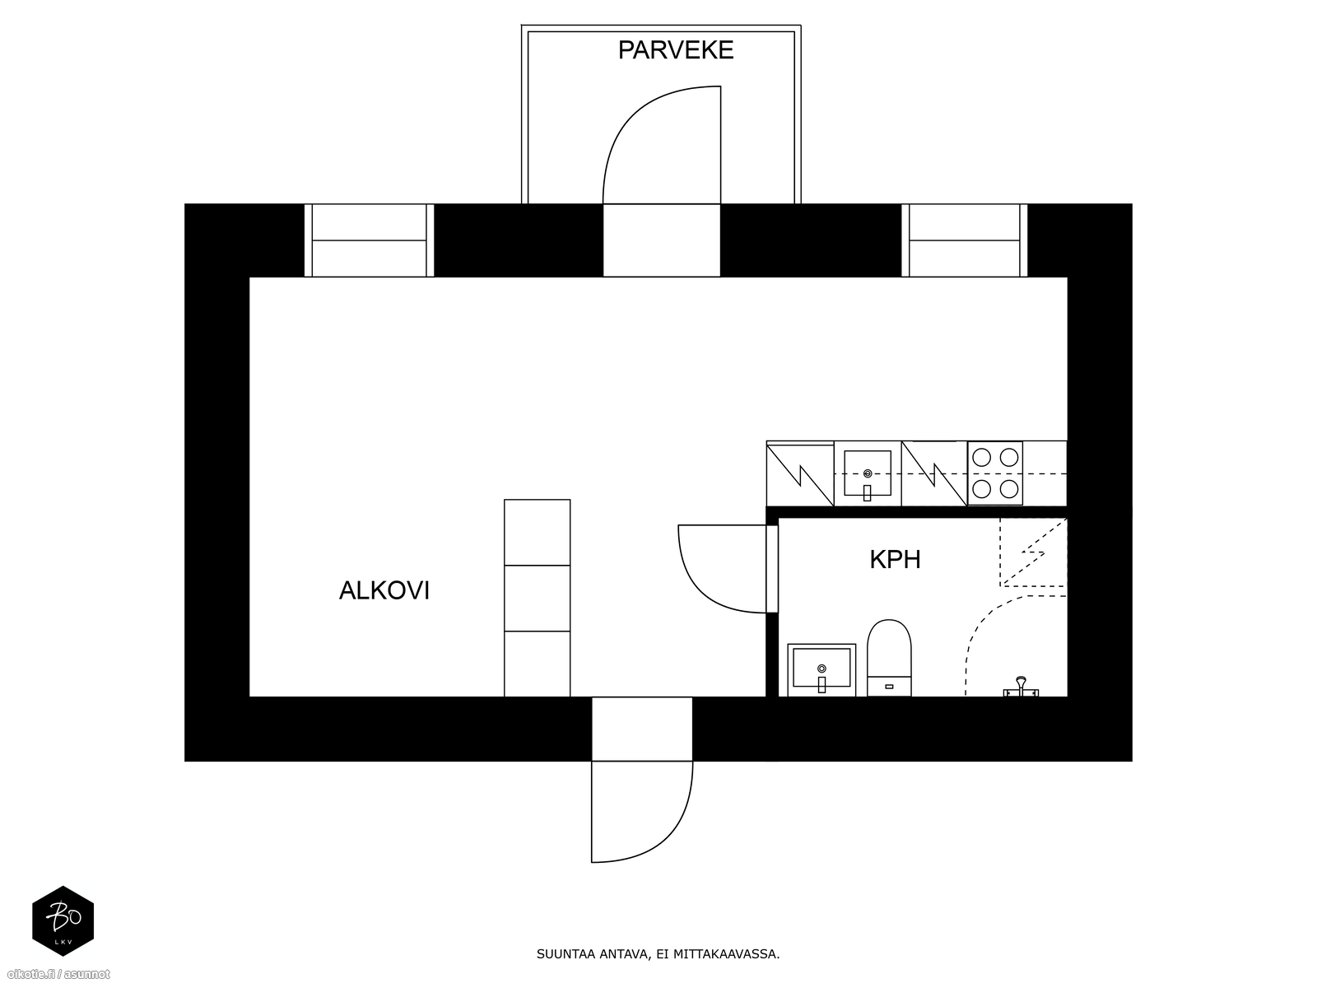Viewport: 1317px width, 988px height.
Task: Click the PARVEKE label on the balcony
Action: [x=676, y=49]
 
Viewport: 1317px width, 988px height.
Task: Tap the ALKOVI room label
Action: [x=384, y=591]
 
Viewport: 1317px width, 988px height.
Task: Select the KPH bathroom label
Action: [x=895, y=559]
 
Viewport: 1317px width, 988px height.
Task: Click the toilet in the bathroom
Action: [x=889, y=658]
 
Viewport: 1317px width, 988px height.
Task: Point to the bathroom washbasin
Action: [x=821, y=670]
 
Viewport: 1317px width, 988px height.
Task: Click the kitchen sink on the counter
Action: [x=868, y=473]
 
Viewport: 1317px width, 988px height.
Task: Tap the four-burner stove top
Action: [x=995, y=473]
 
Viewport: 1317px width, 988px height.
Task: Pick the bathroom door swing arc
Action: [x=696, y=588]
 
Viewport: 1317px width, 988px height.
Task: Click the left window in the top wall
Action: [x=369, y=240]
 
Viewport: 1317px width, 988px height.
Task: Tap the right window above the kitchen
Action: [x=964, y=240]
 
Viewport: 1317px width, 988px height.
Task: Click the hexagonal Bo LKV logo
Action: [x=63, y=920]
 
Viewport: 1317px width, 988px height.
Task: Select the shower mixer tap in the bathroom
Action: [x=1021, y=687]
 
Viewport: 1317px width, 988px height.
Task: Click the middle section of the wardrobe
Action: [x=537, y=598]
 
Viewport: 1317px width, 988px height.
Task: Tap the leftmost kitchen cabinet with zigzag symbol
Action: [x=800, y=474]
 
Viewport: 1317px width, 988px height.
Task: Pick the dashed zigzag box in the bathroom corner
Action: [x=1032, y=552]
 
